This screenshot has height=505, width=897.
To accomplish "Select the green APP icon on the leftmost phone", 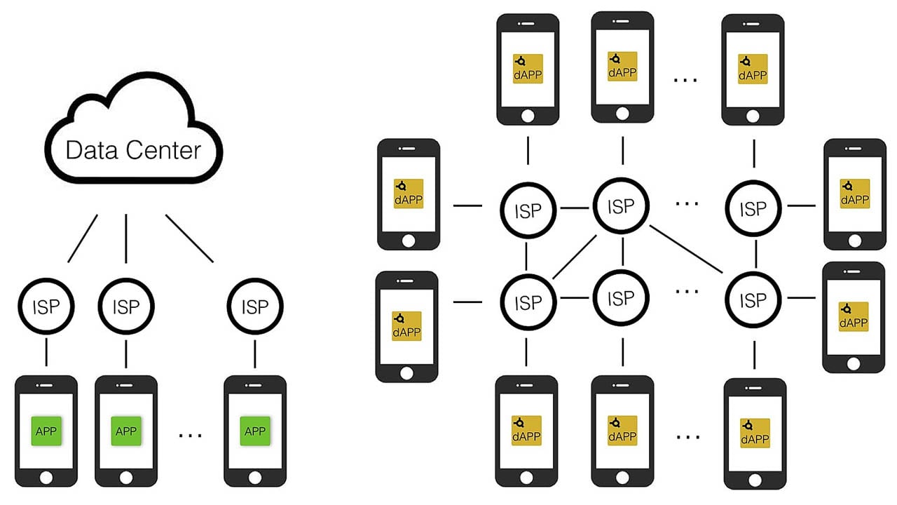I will tap(46, 430).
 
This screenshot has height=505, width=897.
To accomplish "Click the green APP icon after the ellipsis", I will tap(254, 430).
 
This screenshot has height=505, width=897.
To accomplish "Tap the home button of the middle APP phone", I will tap(126, 477).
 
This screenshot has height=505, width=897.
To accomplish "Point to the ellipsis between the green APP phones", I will tap(190, 436).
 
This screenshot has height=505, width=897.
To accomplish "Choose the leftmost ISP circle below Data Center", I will tap(46, 307).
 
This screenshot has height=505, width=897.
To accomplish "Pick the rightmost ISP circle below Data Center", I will tap(254, 307).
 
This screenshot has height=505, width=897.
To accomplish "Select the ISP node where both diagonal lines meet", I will tap(621, 206).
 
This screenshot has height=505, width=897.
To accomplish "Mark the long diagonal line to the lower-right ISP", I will tap(687, 249).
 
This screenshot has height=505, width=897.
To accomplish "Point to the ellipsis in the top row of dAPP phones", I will tap(685, 80).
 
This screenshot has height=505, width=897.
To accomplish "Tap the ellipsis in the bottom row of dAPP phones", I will tap(687, 436).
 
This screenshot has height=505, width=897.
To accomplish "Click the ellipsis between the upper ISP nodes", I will tap(687, 203).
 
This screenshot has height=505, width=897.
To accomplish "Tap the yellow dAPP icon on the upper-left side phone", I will tap(409, 194).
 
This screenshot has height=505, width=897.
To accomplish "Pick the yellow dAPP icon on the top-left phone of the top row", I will tap(528, 68).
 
